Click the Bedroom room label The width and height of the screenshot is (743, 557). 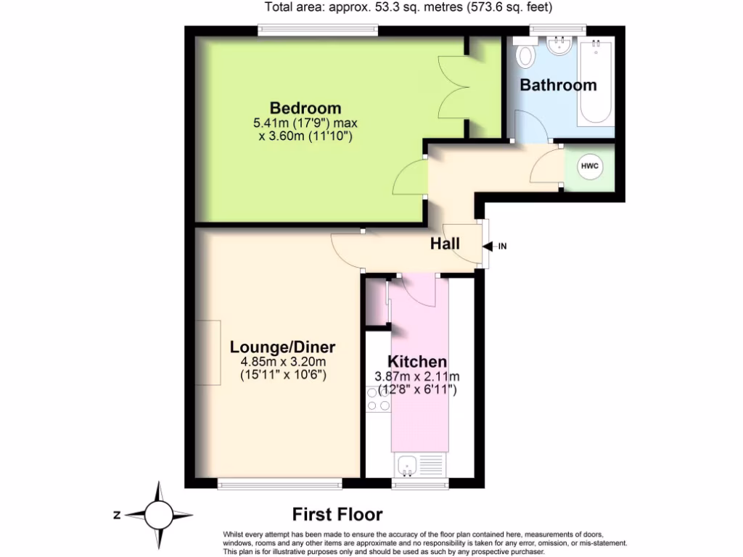305,108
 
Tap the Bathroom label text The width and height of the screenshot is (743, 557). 558,85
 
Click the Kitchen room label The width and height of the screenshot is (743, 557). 416,362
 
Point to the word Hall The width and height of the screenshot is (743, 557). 445,244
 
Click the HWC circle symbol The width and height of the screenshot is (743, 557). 589,167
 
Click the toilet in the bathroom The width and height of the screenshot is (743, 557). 525,55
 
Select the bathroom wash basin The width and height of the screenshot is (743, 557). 560,47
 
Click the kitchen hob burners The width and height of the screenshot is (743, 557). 378,400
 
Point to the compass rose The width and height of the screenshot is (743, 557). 159,515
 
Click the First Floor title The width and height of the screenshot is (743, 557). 337,515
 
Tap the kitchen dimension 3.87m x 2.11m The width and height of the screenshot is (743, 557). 416,376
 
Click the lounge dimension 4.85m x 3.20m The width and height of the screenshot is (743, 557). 283,362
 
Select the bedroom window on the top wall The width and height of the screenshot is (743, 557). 319,30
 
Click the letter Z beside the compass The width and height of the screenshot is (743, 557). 116,516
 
